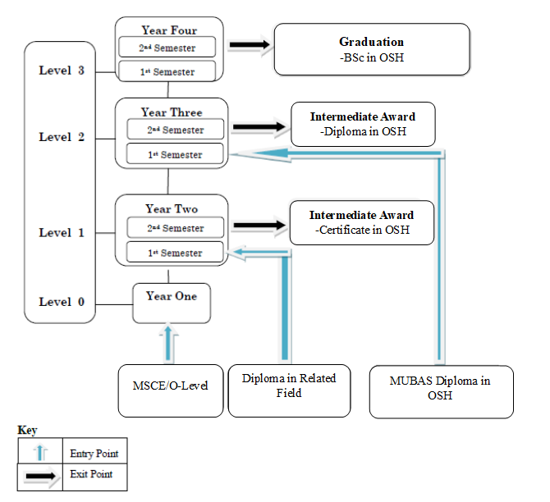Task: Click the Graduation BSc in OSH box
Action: [x=371, y=49]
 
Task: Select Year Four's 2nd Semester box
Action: [x=167, y=47]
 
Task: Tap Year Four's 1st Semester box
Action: [x=167, y=71]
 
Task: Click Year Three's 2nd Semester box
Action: [x=176, y=130]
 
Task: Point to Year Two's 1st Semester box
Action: [x=174, y=253]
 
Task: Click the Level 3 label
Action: [x=62, y=71]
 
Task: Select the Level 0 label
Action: [x=62, y=302]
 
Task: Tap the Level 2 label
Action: [x=62, y=137]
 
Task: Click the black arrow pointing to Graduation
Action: [x=250, y=46]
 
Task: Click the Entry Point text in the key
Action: [x=94, y=453]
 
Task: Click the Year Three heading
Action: [x=171, y=112]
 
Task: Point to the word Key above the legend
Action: [x=27, y=430]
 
